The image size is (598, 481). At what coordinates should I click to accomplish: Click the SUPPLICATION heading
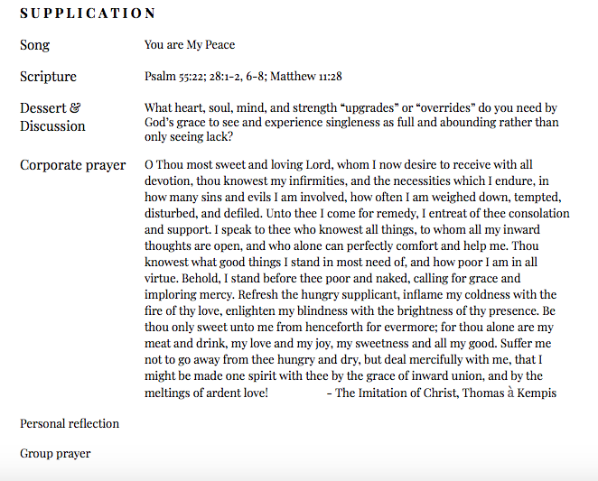88,14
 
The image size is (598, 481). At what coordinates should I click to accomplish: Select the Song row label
35,45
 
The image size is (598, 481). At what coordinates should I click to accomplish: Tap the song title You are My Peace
190,45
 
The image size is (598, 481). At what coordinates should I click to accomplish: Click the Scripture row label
48,77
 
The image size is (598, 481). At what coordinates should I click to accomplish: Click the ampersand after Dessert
75,108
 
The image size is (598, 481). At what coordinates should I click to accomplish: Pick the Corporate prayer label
72,165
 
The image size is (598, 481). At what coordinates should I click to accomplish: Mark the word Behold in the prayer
201,279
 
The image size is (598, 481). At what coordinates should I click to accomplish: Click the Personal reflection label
70,423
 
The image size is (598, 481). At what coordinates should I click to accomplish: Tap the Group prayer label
55,454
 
